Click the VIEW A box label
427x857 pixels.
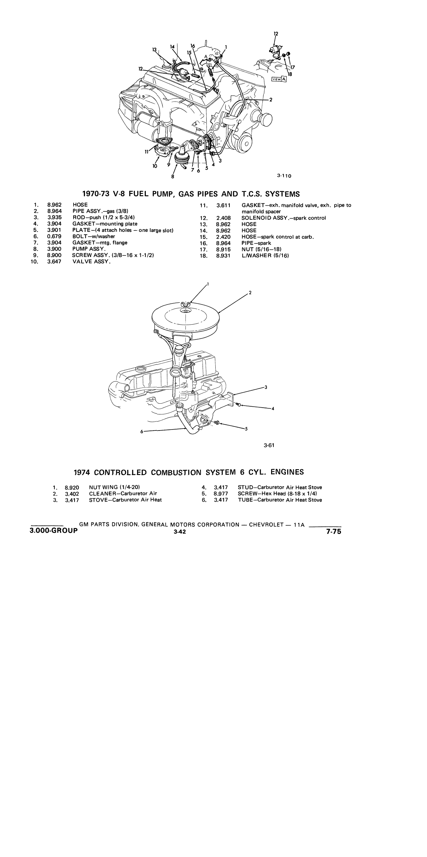(x=279, y=79)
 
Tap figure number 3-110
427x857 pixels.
(x=284, y=175)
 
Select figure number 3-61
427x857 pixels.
(x=269, y=445)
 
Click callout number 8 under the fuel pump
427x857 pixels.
(x=173, y=176)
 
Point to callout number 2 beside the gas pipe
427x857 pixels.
(x=271, y=100)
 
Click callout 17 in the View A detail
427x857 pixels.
(x=293, y=67)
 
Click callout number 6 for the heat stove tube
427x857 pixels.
(x=142, y=432)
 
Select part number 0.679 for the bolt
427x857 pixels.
(x=54, y=236)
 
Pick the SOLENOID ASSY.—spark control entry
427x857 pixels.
(x=284, y=218)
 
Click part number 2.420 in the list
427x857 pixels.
(x=223, y=237)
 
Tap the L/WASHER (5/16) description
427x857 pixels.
(x=265, y=256)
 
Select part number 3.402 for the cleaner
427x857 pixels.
(x=72, y=494)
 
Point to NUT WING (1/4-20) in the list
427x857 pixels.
(x=114, y=487)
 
